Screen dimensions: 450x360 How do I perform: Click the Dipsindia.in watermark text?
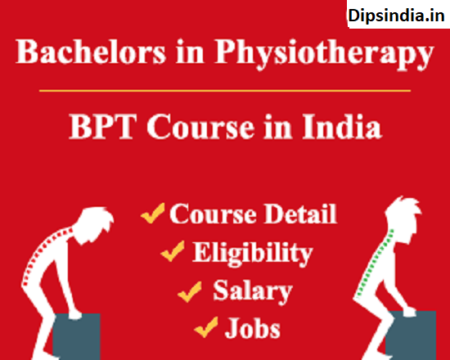coord(396,15)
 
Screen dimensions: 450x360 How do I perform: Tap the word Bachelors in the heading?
coord(91,52)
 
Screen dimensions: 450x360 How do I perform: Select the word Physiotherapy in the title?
coord(324,54)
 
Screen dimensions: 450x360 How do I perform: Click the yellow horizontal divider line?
coord(225,91)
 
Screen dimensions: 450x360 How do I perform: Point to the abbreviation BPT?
coord(103,126)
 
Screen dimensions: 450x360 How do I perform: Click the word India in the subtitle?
coord(342,126)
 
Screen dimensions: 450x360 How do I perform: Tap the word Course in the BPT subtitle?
coord(200,127)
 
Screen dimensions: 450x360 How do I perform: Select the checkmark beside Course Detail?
coord(153,213)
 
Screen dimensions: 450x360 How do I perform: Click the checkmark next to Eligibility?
coord(173,251)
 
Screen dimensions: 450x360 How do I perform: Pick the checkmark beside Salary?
coord(190,291)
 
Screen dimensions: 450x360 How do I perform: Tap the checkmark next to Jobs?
coord(206,327)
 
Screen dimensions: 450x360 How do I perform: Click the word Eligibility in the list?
coord(253,253)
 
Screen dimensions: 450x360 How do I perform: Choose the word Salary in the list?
coord(253,291)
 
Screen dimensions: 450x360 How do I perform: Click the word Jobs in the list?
coord(253,328)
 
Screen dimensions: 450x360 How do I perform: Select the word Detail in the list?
coord(300,214)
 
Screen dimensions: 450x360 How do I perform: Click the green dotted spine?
coord(375,263)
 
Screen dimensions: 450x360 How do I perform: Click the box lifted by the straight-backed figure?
coord(411,335)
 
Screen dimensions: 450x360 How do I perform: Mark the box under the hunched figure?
coord(76,336)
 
